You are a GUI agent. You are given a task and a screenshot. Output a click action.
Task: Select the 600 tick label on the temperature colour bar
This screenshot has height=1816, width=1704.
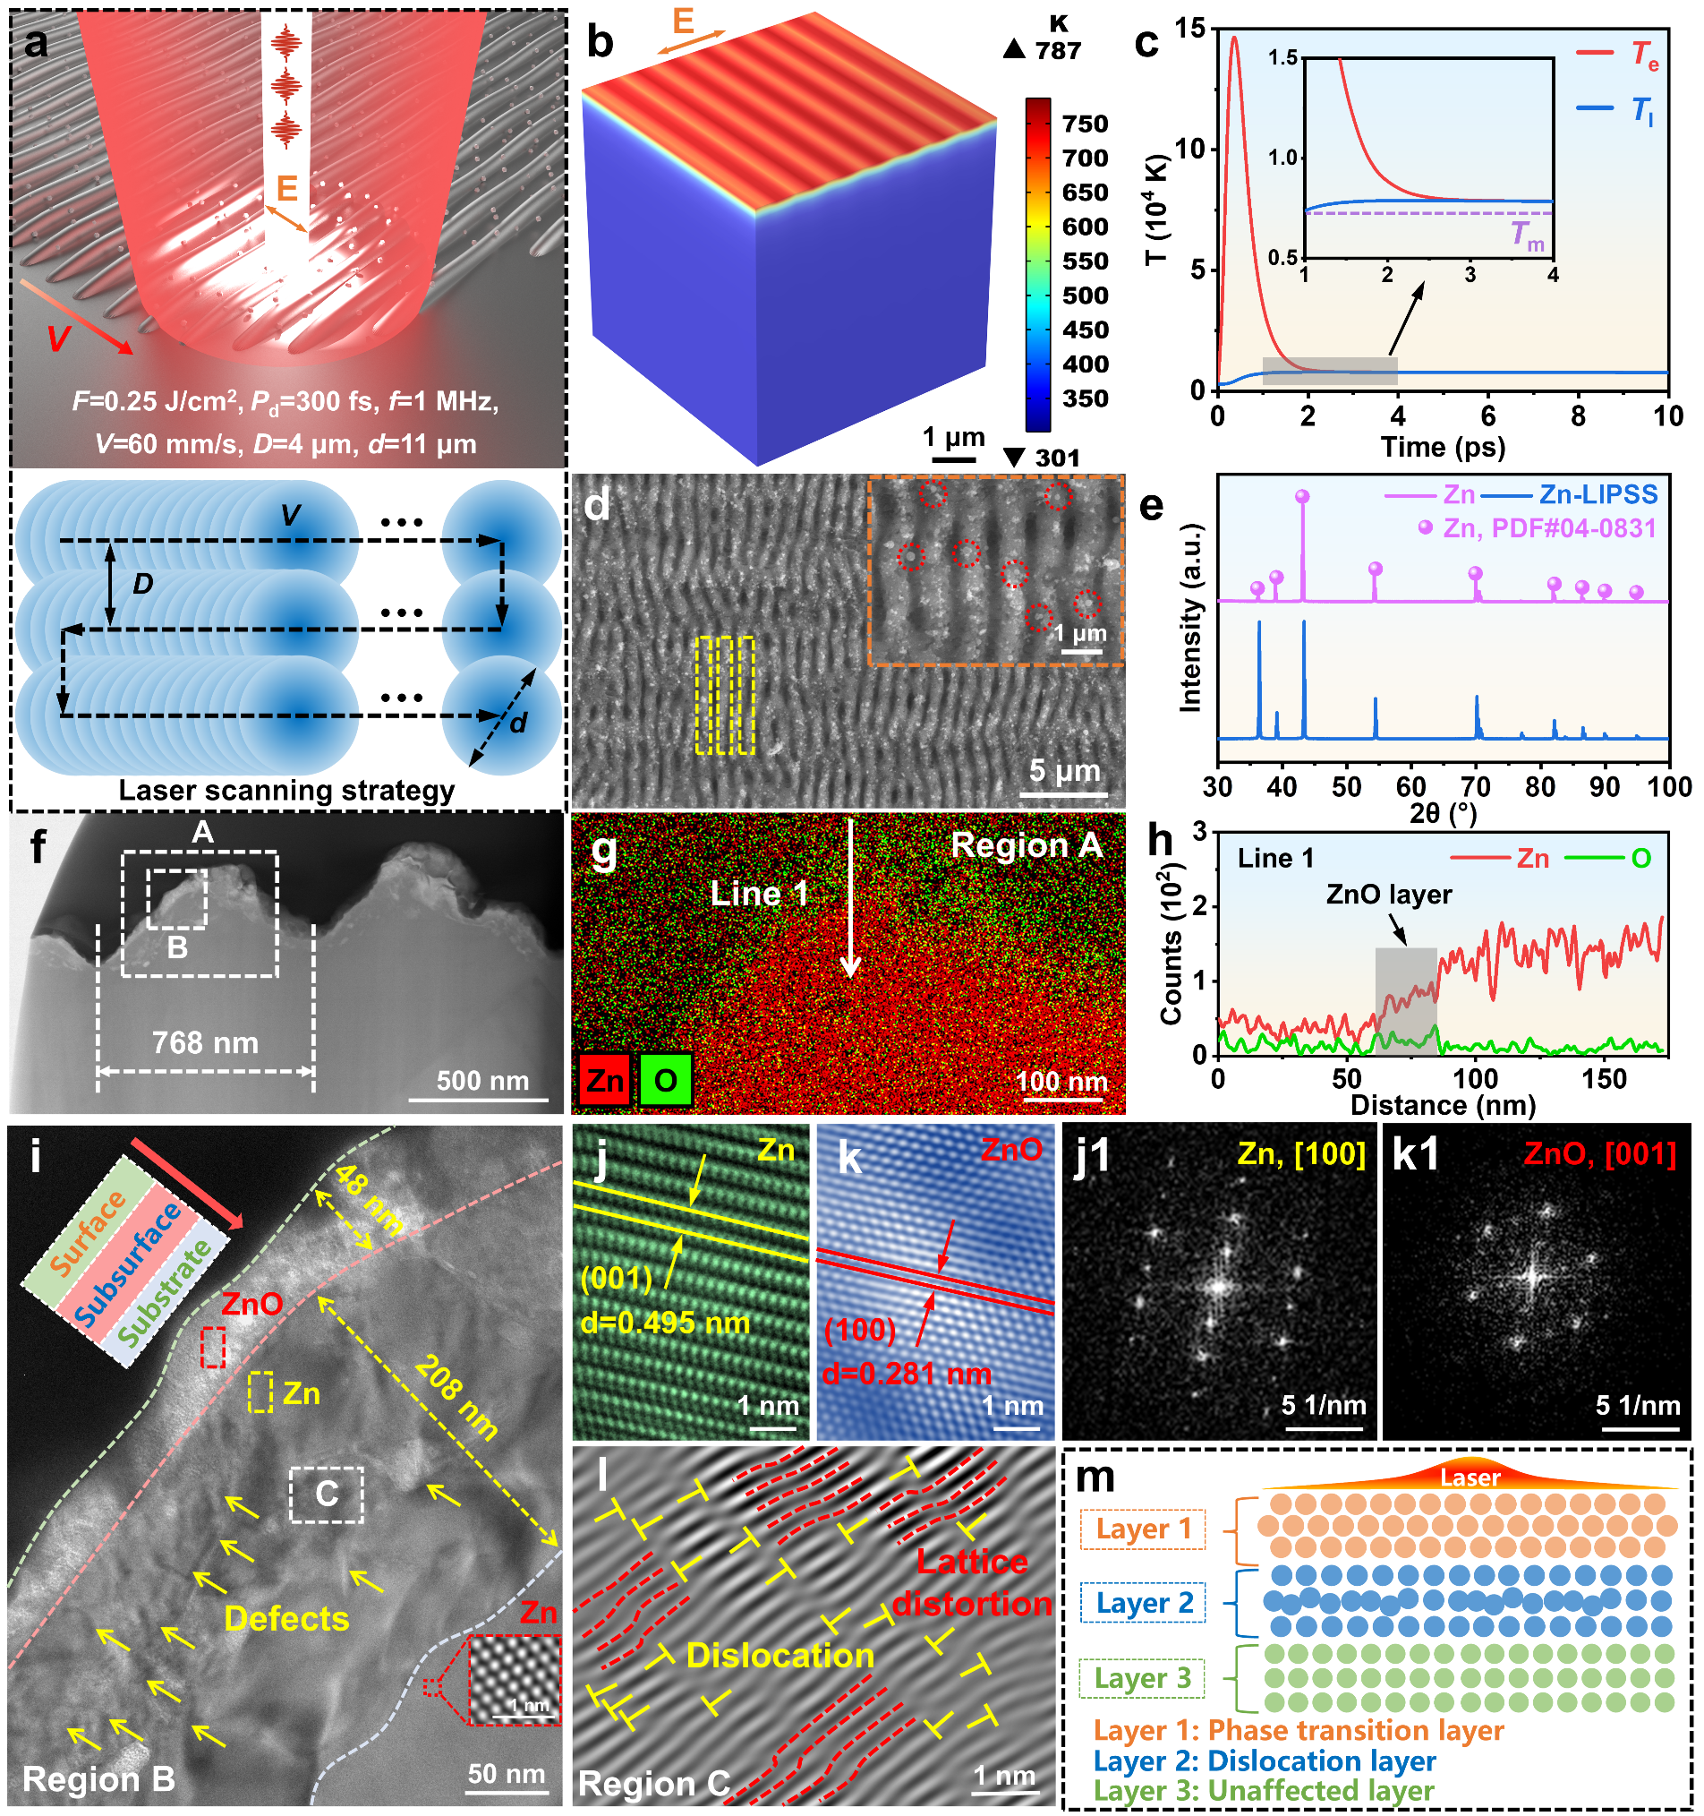[1085, 227]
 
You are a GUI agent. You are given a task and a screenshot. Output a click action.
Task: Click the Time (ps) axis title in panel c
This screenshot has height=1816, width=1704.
[1443, 448]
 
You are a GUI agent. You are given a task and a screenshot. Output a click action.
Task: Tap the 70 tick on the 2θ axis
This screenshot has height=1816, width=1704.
[1476, 787]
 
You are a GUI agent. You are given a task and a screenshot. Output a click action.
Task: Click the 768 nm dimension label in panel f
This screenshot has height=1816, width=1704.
[205, 1043]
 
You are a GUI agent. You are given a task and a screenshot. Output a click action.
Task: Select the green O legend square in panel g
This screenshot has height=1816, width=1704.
[665, 1081]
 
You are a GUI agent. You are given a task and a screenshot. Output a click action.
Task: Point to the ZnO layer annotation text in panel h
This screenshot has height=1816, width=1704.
[1388, 895]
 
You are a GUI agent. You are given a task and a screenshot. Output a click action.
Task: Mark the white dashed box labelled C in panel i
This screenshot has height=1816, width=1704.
[326, 1495]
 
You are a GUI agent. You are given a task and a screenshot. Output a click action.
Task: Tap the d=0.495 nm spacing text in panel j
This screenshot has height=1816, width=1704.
[666, 1323]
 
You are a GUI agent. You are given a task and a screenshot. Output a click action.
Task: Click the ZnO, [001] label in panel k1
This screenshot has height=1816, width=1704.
[1599, 1153]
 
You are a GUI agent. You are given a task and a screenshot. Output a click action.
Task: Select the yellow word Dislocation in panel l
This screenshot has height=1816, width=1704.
[780, 1656]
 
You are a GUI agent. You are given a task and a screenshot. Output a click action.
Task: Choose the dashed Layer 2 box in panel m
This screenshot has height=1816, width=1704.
[1142, 1604]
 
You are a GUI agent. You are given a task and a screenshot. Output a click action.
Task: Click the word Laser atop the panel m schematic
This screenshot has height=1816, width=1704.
[1470, 1478]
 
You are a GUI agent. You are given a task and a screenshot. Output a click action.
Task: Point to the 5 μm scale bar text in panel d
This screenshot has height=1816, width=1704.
[1064, 770]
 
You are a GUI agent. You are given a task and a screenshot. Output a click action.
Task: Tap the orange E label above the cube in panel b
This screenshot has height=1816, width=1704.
[683, 20]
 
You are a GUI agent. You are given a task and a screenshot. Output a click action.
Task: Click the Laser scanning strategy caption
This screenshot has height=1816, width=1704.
[285, 790]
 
